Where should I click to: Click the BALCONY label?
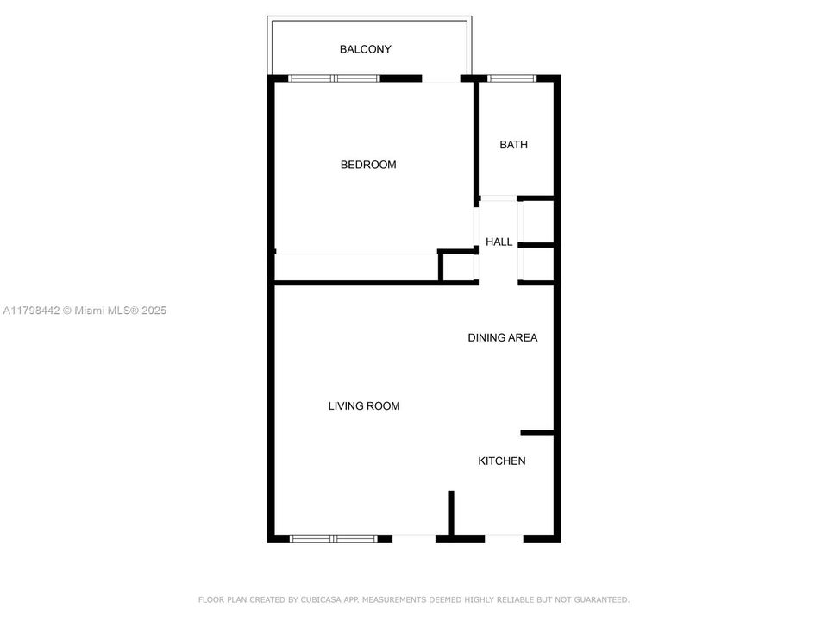pos(365,49)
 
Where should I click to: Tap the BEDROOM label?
pos(368,165)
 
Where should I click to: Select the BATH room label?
pos(513,145)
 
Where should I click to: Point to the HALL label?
pos(499,242)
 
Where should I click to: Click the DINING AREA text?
pos(502,337)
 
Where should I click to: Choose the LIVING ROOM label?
pos(363,405)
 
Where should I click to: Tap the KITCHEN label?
pos(501,461)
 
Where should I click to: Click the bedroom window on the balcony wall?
pos(334,78)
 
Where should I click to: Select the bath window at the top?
pos(512,78)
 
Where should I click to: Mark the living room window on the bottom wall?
pos(334,538)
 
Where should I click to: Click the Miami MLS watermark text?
pos(84,310)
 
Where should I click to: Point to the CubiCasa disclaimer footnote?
pos(414,599)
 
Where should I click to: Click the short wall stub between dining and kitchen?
pos(537,431)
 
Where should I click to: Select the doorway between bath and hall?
pos(498,198)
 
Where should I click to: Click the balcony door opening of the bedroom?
pos(441,79)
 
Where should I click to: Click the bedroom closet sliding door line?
pos(356,254)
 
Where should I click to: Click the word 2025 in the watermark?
pos(153,310)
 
